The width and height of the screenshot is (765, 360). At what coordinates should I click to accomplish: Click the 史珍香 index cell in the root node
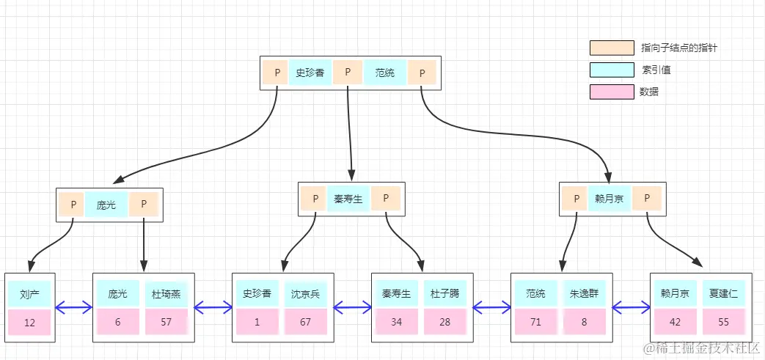tap(310, 73)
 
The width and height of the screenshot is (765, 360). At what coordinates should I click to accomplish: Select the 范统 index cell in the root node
tap(385, 73)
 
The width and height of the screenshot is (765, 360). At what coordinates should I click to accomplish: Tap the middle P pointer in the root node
tap(348, 73)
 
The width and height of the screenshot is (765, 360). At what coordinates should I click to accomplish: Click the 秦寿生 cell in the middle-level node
tap(348, 199)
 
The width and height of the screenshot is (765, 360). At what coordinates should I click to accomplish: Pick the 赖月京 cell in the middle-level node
tap(609, 199)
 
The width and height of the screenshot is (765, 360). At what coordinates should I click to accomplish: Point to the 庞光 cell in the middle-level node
tap(106, 205)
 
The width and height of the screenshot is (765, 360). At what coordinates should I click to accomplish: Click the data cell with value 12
tap(29, 323)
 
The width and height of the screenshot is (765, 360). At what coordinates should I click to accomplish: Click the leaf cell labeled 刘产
tap(29, 293)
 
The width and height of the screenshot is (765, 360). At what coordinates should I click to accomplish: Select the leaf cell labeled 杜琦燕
tap(166, 293)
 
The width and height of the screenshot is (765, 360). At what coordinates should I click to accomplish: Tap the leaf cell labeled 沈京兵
tap(306, 293)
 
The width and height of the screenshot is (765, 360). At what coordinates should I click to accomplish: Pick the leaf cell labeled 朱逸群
tap(584, 293)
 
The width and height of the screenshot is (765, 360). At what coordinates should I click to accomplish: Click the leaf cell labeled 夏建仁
tap(723, 293)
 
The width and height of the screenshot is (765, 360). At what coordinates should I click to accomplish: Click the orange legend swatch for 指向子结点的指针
tap(612, 48)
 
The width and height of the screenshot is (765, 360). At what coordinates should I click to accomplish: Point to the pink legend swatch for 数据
tap(612, 92)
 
